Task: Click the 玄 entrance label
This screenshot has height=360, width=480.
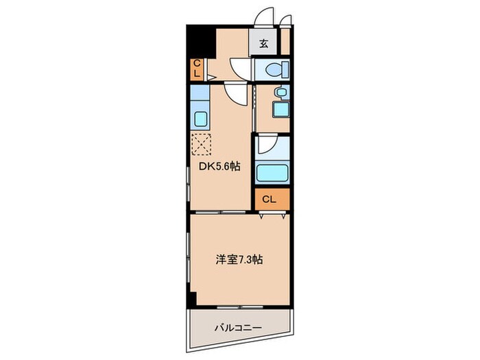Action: click(264, 43)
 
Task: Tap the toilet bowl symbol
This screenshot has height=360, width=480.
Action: click(273, 69)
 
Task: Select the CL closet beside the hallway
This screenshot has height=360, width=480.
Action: click(197, 69)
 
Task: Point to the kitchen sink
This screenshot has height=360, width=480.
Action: click(200, 118)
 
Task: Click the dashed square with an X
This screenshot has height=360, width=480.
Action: click(201, 145)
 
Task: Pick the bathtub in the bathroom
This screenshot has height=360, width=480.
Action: click(272, 171)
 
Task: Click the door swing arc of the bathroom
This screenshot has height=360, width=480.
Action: click(267, 145)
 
